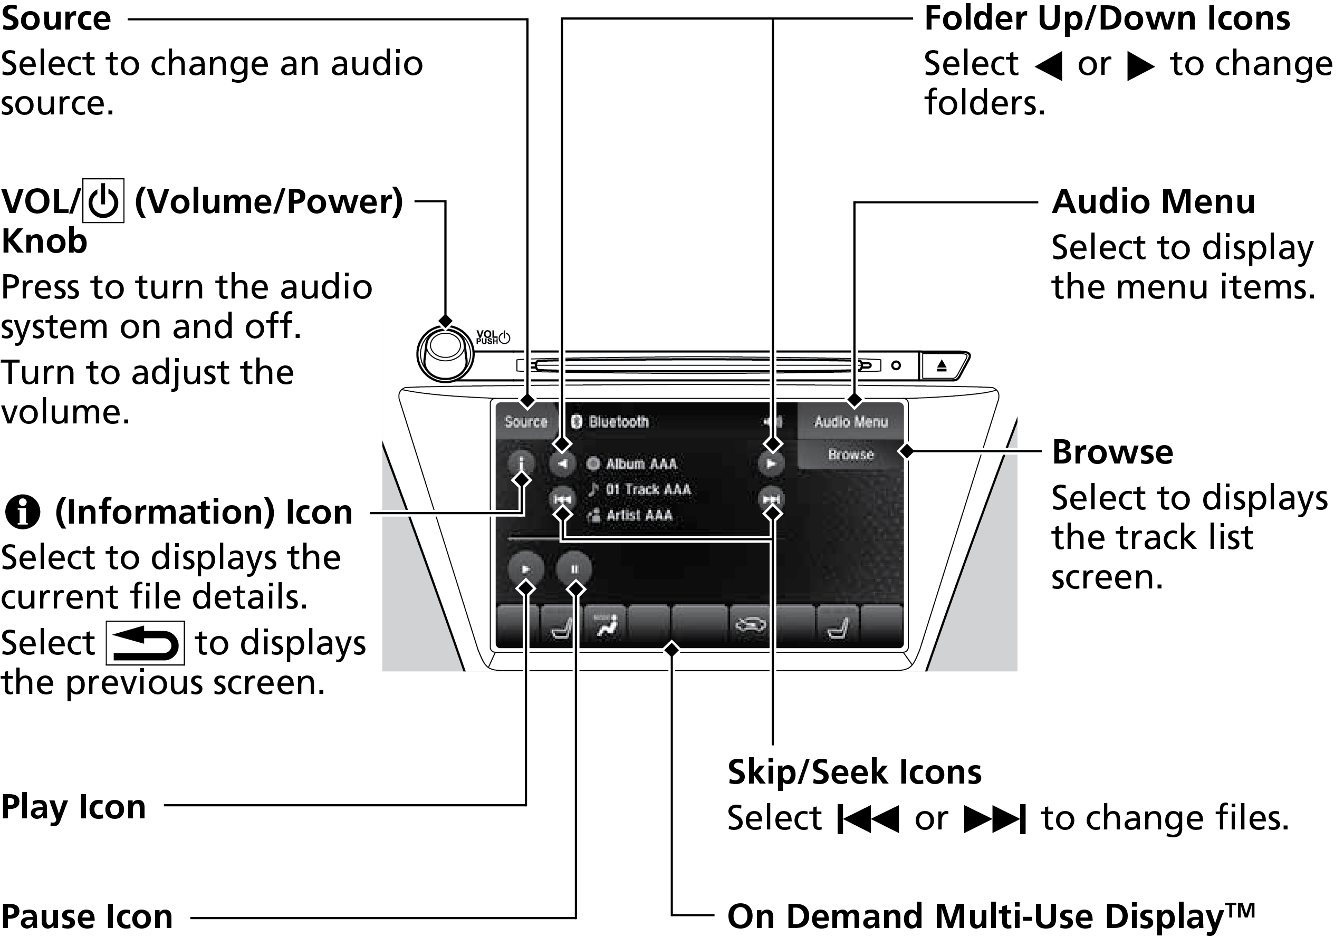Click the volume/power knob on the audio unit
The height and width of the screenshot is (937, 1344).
[445, 354]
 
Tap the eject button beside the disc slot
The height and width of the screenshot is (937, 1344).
[941, 366]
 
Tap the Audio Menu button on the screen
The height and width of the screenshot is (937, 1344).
[850, 422]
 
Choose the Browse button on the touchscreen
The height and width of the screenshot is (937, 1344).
[850, 455]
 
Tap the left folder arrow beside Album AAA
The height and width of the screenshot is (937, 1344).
[562, 463]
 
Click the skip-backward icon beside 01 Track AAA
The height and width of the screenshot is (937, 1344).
[562, 499]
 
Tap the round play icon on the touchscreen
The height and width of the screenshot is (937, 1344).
[526, 569]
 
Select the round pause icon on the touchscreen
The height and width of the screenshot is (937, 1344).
[574, 569]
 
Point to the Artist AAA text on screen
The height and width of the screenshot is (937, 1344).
[639, 515]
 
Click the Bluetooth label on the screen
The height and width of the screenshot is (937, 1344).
[618, 422]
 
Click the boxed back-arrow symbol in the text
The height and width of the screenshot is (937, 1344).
[145, 643]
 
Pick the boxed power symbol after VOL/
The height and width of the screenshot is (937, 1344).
[103, 201]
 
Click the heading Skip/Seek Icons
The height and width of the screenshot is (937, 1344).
[854, 772]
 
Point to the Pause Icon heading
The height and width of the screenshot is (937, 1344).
[87, 916]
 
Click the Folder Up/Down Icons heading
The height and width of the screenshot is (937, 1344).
[1106, 19]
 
